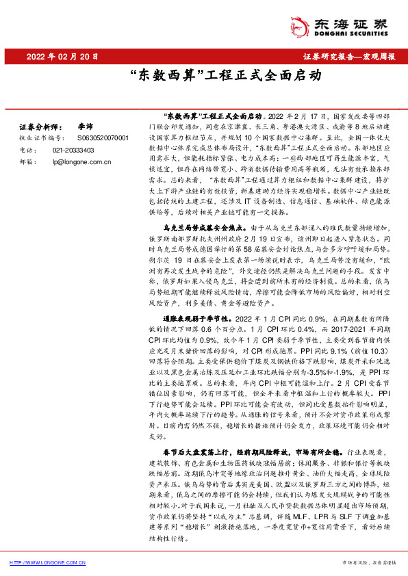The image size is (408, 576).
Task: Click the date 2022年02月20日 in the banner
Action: click(x=65, y=57)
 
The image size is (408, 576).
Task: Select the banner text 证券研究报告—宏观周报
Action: click(x=348, y=57)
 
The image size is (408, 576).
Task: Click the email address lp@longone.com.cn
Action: click(x=81, y=161)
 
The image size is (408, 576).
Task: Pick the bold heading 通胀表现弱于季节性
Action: click(x=194, y=319)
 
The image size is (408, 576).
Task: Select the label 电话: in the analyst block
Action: click(x=26, y=149)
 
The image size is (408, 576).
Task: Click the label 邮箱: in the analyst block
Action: click(x=26, y=161)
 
